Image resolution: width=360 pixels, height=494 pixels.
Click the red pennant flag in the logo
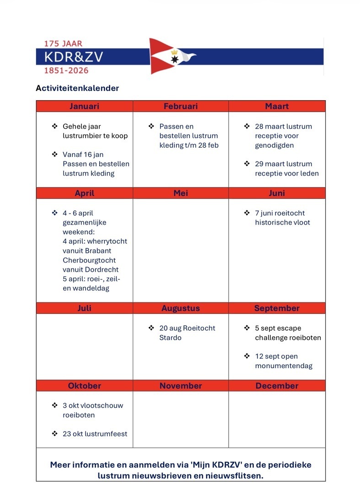coord(165,56)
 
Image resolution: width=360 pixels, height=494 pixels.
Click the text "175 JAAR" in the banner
coord(63,44)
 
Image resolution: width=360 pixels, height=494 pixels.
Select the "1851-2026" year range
coord(66,70)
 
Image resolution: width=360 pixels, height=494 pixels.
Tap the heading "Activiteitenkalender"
coord(77,88)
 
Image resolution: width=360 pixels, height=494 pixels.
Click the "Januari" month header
coord(84,106)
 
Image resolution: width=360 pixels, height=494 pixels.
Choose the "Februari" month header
coord(181,106)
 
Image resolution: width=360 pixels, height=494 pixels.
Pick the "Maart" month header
coord(277,106)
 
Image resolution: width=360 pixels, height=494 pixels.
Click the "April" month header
coord(84,193)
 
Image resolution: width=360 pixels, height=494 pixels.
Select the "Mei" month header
coord(181,193)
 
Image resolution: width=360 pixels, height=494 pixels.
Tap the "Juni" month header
coord(277,193)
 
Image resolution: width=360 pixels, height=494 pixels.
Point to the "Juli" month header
coord(84,308)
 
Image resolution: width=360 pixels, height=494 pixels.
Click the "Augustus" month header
coord(181,308)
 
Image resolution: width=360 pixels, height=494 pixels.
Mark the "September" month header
coord(277,308)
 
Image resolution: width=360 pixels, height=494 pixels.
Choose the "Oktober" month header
coord(84,386)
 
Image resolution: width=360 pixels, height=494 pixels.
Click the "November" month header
coord(181,386)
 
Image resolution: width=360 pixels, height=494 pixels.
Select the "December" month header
coord(277,386)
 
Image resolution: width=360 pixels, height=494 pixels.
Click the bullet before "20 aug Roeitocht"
coord(151,328)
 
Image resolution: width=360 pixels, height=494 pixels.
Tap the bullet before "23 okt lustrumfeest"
coord(54,434)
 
